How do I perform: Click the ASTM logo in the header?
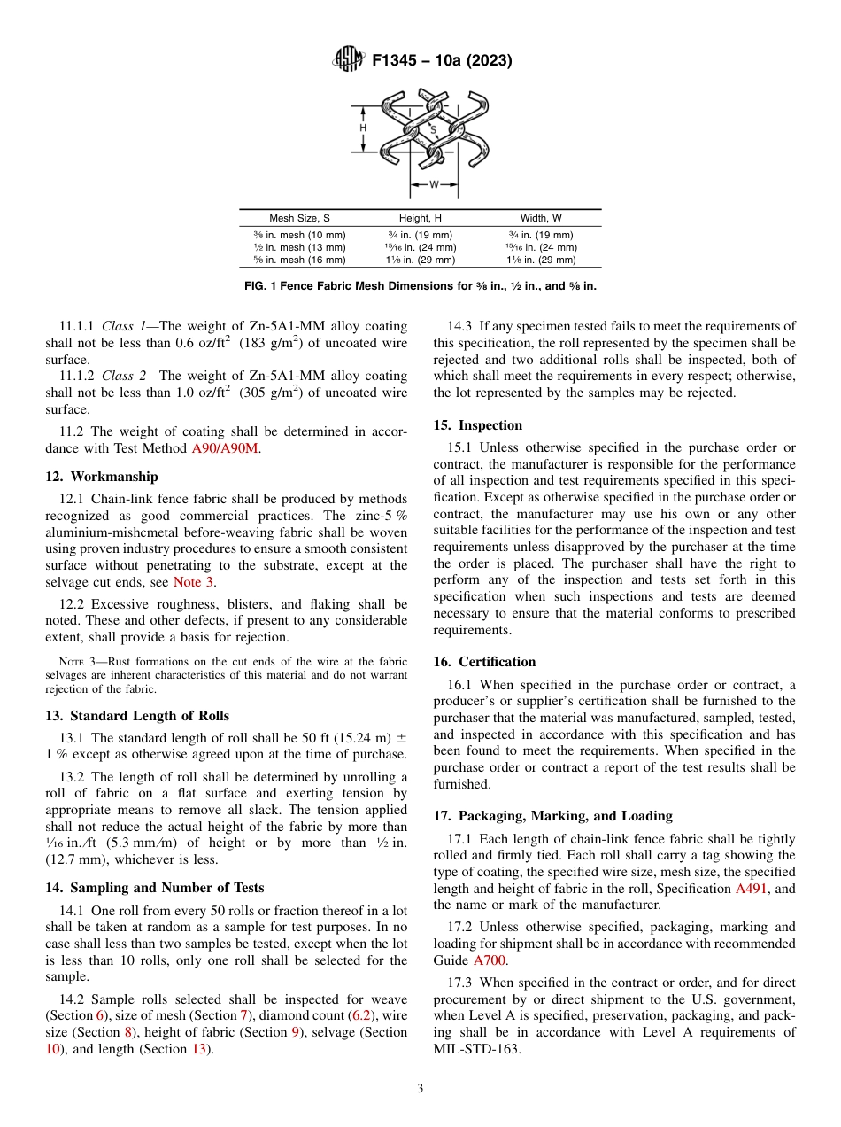348,60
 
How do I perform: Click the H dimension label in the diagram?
363,128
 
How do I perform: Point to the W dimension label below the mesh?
434,185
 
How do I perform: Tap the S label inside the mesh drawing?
433,129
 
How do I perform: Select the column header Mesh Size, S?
299,218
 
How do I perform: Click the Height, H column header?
420,218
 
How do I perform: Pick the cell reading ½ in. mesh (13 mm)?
299,247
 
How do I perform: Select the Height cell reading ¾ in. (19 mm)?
420,235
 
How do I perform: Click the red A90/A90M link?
225,449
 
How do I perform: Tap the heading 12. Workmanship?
102,477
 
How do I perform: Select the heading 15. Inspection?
478,425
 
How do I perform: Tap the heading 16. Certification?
484,661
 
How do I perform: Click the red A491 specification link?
752,889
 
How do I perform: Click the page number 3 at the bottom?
420,1089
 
